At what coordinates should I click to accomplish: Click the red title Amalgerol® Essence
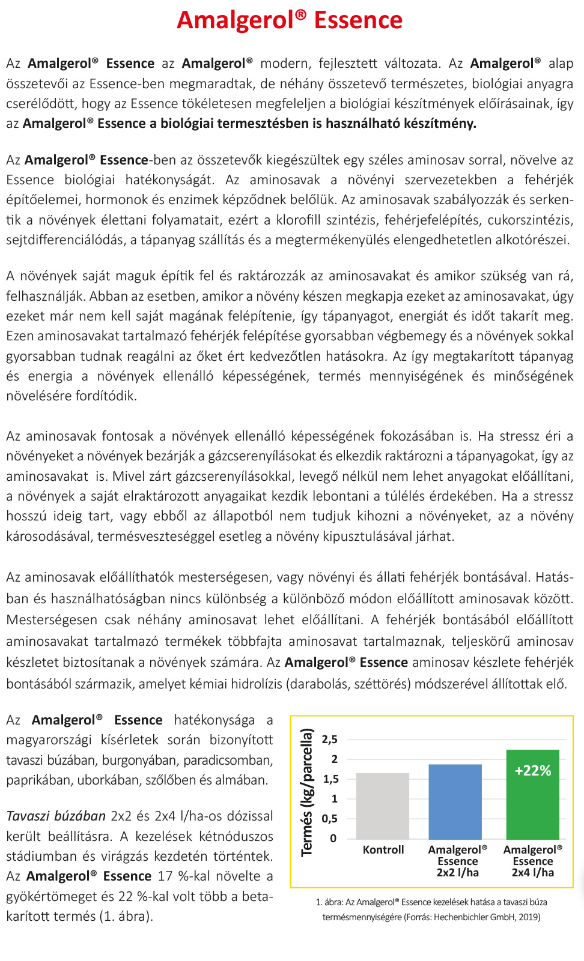click(x=290, y=20)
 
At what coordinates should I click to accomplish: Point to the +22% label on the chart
click(x=533, y=771)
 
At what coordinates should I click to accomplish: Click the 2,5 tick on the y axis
click(x=330, y=740)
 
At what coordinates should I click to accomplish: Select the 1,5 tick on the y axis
click(x=330, y=779)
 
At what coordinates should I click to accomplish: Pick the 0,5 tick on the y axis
click(x=330, y=819)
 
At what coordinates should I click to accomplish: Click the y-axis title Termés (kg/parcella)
click(x=307, y=792)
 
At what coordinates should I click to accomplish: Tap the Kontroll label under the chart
click(x=383, y=850)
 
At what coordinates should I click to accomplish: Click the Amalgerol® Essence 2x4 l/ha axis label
click(x=533, y=861)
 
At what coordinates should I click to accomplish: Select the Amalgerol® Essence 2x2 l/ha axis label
click(x=457, y=861)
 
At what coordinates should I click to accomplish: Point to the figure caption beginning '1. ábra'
click(x=431, y=909)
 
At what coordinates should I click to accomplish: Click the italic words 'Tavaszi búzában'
click(x=56, y=816)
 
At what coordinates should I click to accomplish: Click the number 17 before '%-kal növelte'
click(x=165, y=876)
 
